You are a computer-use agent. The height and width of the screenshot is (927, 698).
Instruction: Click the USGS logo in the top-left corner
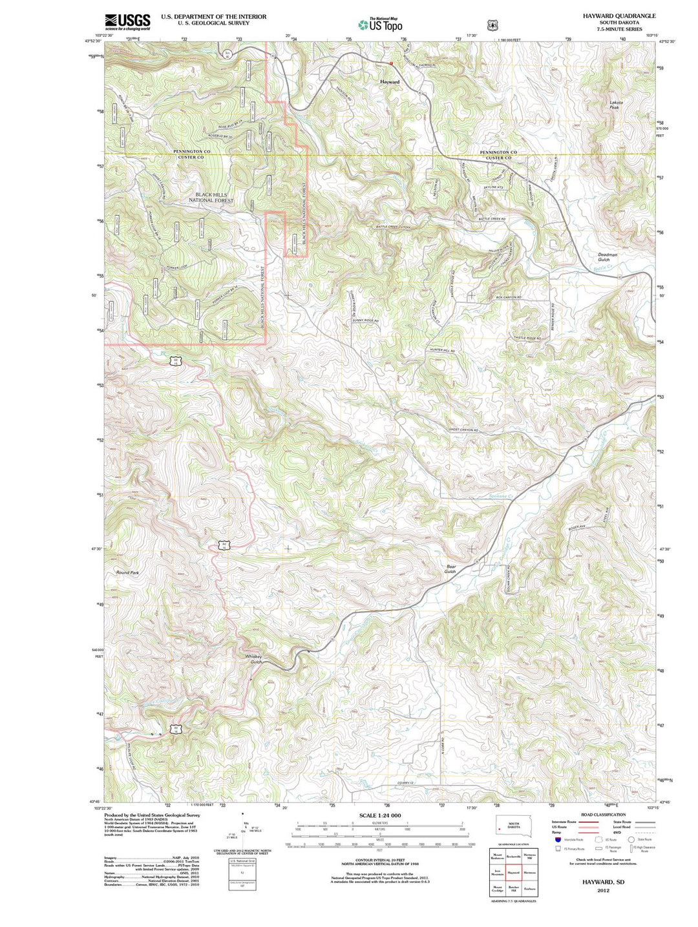pyautogui.click(x=127, y=22)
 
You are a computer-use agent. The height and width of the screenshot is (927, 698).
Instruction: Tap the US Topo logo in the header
pyautogui.click(x=381, y=25)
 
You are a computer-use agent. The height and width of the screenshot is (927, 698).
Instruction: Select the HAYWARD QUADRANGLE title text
pyautogui.click(x=609, y=16)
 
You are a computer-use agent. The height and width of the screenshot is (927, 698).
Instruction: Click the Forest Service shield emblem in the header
pyautogui.click(x=493, y=25)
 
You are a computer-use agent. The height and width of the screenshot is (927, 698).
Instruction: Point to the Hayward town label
pyautogui.click(x=390, y=82)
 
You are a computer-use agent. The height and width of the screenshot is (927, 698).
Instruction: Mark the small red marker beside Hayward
pyautogui.click(x=390, y=63)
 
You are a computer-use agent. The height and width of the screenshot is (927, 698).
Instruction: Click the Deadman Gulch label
pyautogui.click(x=608, y=257)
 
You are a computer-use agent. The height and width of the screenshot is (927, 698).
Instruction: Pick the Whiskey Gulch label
pyautogui.click(x=254, y=659)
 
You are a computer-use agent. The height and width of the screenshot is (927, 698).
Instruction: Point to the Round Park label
pyautogui.click(x=127, y=572)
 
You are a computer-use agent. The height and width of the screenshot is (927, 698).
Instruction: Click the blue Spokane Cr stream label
pyautogui.click(x=500, y=496)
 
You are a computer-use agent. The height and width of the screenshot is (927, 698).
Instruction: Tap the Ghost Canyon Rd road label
pyautogui.click(x=464, y=430)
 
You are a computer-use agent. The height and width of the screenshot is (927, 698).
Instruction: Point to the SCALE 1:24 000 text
pyautogui.click(x=379, y=816)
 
